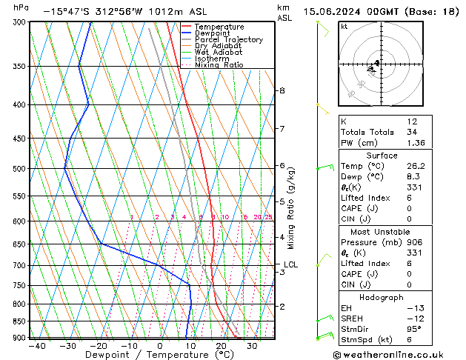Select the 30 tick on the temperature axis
[252, 346]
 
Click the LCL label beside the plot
[290, 264]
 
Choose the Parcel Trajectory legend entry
[228, 40]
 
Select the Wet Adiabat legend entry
[218, 53]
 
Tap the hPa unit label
[21, 8]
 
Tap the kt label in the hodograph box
[344, 26]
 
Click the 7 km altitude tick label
[282, 129]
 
